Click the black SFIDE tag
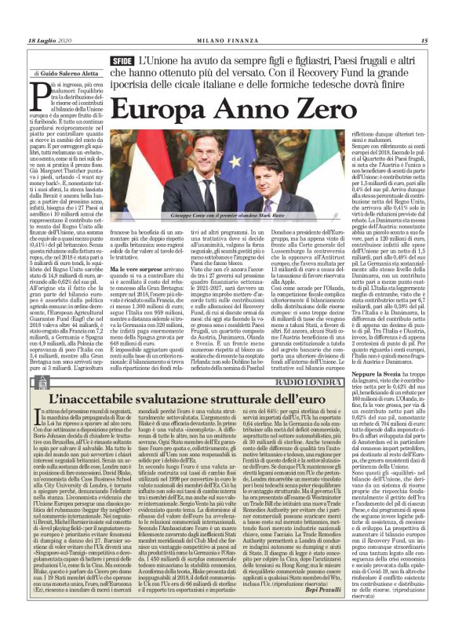point(121,60)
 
